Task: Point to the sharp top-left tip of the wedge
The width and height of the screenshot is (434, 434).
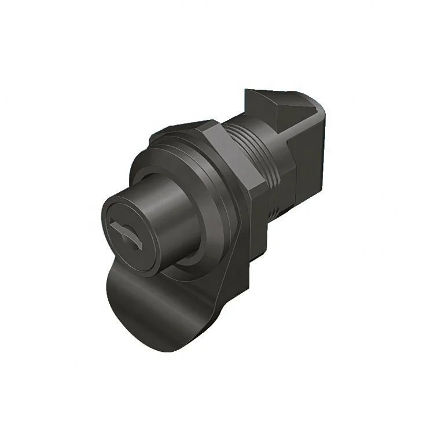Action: (247, 91)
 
